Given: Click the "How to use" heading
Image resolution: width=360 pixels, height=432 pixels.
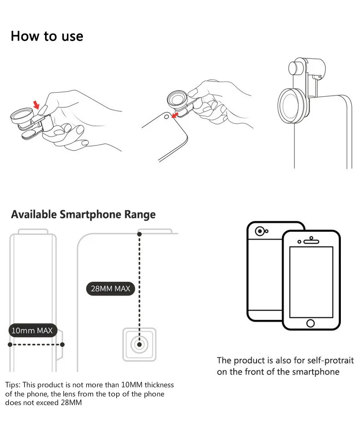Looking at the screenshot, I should coord(47,36).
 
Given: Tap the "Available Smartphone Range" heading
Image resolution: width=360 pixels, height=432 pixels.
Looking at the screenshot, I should coord(83,214).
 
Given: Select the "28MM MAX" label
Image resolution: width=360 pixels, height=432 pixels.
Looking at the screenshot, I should coord(110,288).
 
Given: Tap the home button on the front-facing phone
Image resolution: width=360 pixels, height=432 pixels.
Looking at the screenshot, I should coord(310,323).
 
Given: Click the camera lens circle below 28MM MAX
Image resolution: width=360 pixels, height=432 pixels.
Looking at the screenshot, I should coord(139,344).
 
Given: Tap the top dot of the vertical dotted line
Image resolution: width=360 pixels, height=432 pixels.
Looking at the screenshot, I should coord(139,234).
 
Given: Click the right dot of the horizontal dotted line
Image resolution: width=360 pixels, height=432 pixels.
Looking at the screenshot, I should coord(62,344).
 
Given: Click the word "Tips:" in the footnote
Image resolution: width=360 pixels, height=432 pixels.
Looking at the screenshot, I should coord(13,385).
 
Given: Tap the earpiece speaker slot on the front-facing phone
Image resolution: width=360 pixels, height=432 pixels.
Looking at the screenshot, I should coord(312,239).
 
